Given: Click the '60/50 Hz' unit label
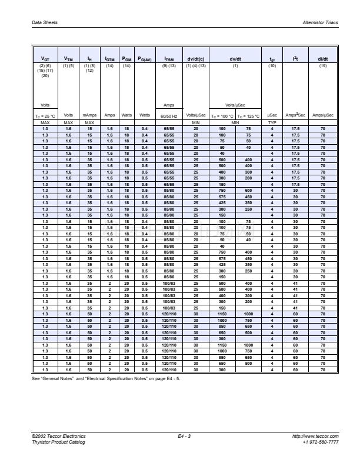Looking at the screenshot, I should click(169, 115).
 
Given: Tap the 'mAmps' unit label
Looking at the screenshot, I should click(89, 115).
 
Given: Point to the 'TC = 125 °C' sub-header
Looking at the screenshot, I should click(248, 115).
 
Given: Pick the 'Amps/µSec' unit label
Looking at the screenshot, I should click(323, 115).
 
